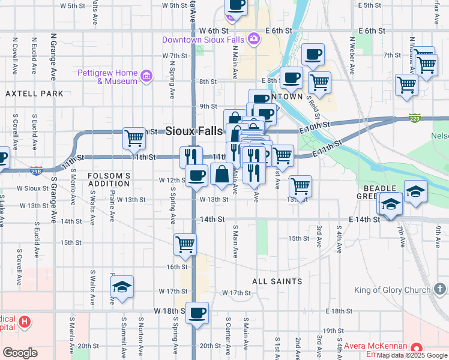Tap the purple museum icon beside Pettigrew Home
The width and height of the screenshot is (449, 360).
tap(146, 76)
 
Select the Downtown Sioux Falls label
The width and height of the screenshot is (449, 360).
tap(204, 40)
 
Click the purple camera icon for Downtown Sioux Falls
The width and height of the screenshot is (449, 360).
tap(255, 39)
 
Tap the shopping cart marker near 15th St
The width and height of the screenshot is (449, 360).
tap(185, 245)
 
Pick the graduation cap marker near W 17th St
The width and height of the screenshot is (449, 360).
tap(122, 287)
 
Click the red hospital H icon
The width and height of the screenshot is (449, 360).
tap(25, 322)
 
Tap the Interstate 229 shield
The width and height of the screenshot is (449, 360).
tap(414, 116)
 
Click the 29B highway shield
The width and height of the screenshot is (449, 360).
tap(36, 171)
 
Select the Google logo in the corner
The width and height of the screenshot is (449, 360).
tap(20, 352)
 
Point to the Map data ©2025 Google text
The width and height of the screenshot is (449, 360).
tap(412, 355)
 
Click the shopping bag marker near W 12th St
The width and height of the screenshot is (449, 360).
tap(221, 175)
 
